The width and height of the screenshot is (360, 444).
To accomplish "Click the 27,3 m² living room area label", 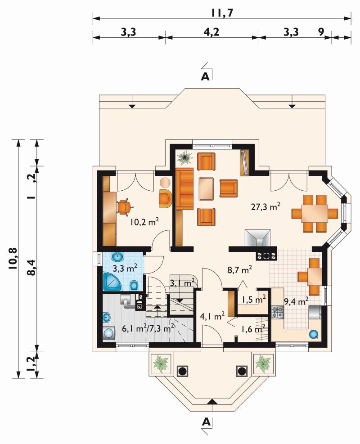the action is click(x=265, y=206).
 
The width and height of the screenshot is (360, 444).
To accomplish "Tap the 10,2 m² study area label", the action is click(x=144, y=221).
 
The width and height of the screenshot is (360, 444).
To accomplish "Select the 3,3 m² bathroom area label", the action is click(x=125, y=268).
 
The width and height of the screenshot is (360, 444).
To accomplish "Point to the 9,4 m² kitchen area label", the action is click(x=296, y=301).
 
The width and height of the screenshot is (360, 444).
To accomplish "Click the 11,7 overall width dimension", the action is click(x=222, y=13).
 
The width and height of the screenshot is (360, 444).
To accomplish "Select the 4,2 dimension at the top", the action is click(x=211, y=31).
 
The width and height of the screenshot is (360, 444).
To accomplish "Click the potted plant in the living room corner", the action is click(x=184, y=157).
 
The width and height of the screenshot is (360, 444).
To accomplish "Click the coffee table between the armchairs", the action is click(x=207, y=188).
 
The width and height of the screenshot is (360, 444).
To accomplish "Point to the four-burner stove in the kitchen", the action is click(x=277, y=312).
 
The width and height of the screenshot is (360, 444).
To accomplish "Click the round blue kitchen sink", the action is click(x=314, y=334).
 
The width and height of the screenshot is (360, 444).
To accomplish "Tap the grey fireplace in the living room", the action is click(x=258, y=238).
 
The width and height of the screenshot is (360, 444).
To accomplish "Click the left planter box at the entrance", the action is click(x=160, y=364).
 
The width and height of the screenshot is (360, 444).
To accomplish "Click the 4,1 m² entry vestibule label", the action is click(x=212, y=316).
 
